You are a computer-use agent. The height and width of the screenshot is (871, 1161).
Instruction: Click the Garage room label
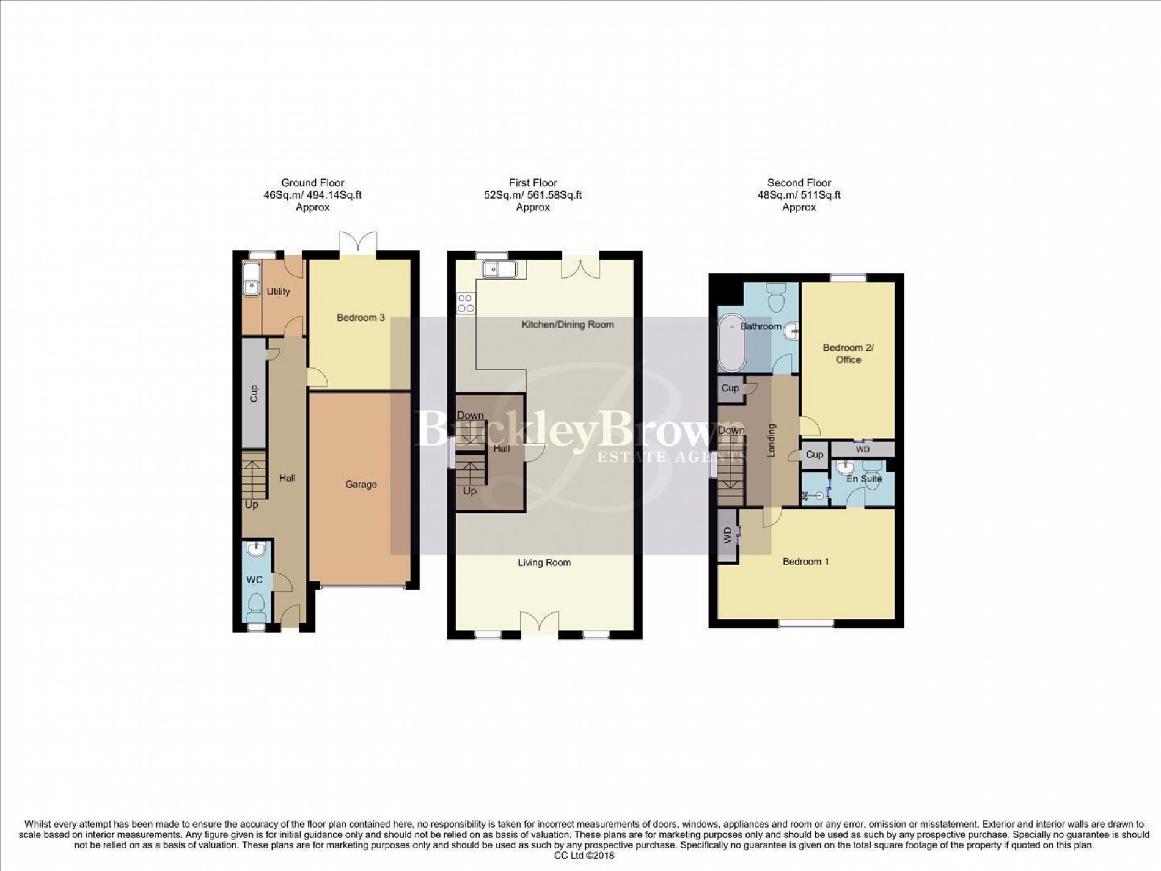tap(361, 485)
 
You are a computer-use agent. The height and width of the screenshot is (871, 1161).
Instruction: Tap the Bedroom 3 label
tap(361, 318)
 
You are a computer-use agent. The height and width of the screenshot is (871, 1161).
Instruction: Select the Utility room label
tap(278, 292)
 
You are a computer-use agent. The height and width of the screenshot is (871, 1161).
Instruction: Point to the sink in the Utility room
tap(250, 286)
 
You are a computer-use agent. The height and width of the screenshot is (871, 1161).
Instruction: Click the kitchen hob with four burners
tap(466, 304)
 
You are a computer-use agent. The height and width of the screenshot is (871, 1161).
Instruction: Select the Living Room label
tap(544, 563)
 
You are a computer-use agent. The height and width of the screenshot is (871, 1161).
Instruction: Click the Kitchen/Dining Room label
tap(568, 325)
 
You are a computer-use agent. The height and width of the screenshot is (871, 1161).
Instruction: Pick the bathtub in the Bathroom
tap(730, 344)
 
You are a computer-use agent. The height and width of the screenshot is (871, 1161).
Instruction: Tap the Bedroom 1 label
tap(805, 562)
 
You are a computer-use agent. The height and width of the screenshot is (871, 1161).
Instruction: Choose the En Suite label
tap(864, 479)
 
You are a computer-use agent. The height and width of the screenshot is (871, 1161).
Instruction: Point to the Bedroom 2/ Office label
tap(848, 354)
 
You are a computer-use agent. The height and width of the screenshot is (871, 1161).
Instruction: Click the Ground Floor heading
tap(312, 183)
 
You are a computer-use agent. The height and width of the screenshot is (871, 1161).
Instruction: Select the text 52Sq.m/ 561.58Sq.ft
tap(533, 195)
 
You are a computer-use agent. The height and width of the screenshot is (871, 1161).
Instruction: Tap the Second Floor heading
tap(799, 183)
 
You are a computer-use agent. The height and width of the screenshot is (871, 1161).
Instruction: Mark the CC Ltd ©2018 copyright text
tap(584, 856)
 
